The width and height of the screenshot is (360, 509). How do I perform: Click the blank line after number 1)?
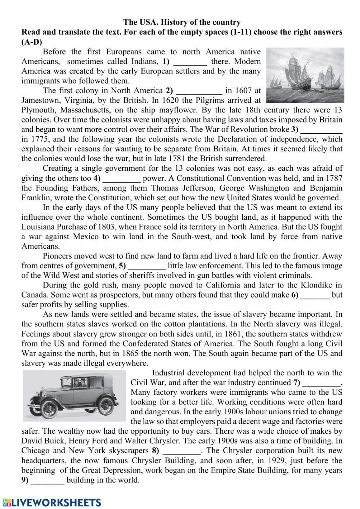pyautogui.click(x=190, y=62)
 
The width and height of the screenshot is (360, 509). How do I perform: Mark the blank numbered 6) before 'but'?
pyautogui.click(x=315, y=295)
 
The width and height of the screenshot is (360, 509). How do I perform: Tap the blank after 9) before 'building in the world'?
pyautogui.click(x=48, y=480)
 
